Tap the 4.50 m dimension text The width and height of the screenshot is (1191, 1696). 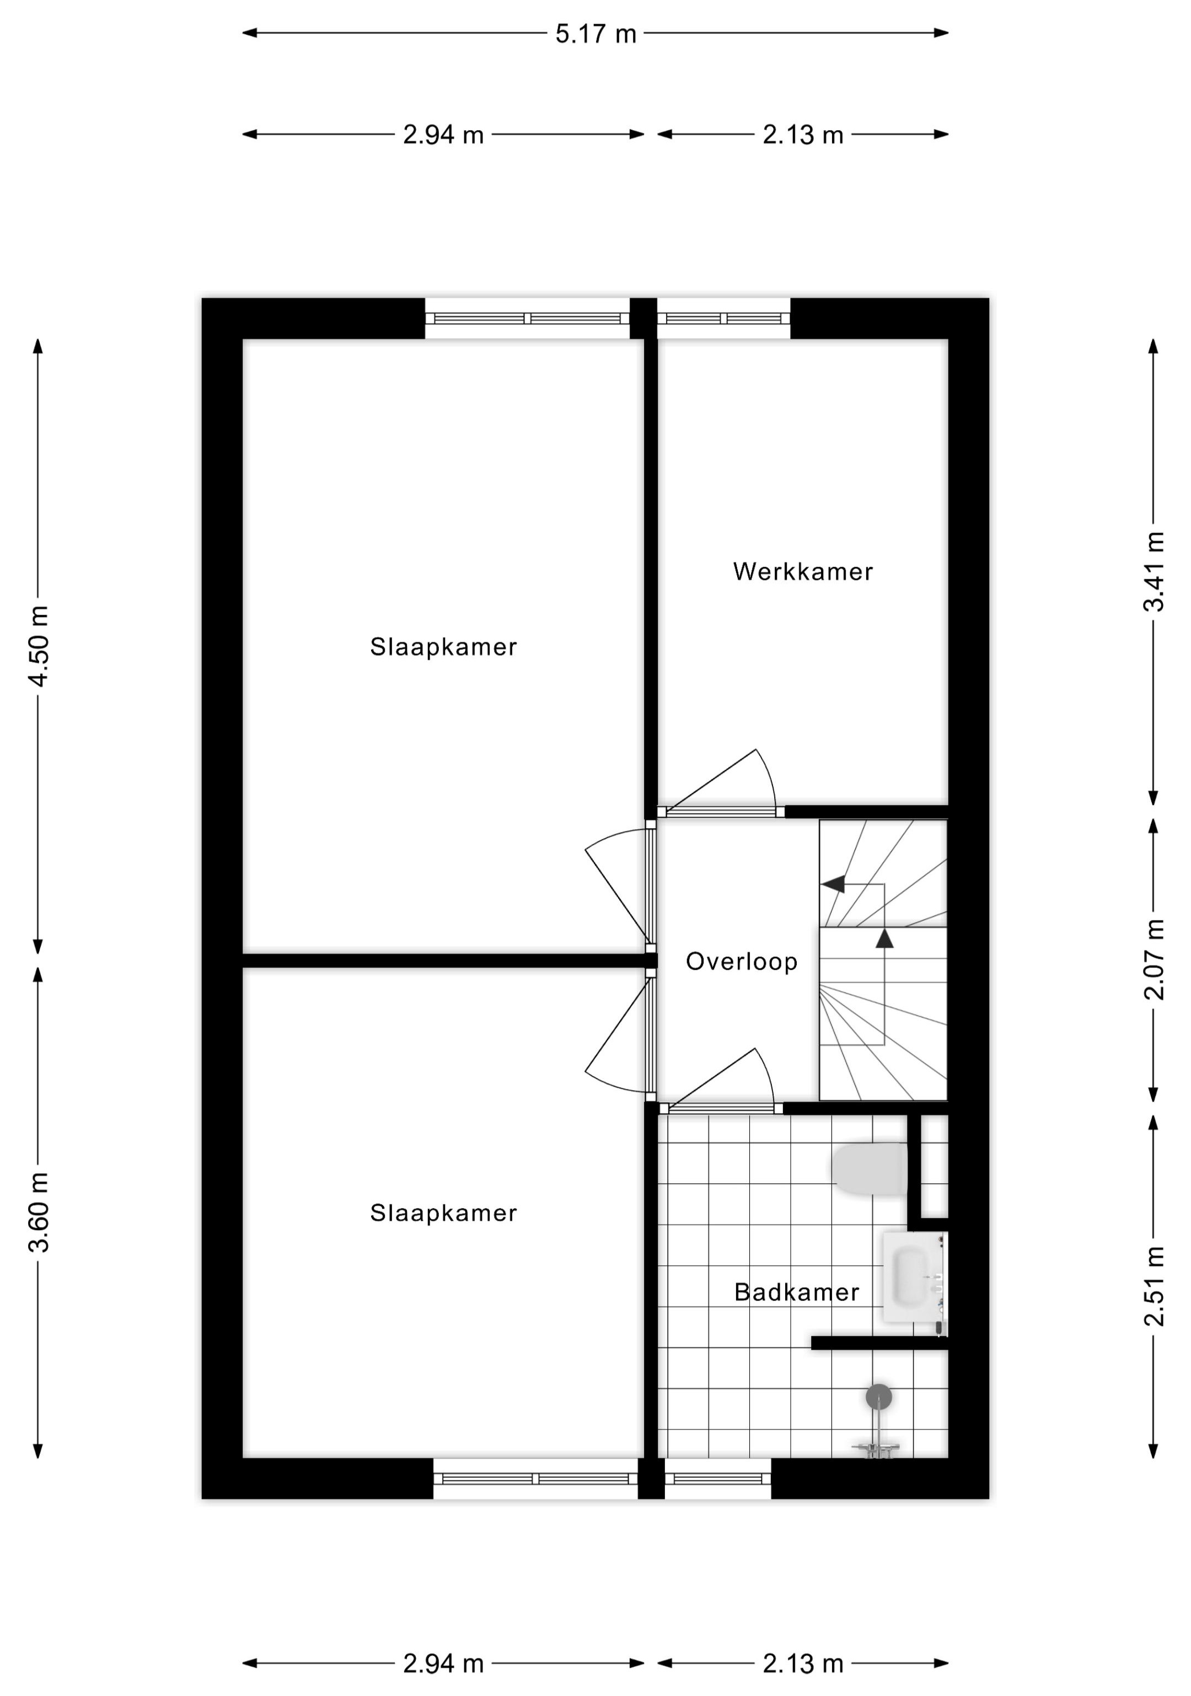39,646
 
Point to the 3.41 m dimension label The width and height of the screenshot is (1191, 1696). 1154,571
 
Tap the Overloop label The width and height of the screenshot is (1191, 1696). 742,961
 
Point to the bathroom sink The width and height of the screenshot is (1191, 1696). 915,1277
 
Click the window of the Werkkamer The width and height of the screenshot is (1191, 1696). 723,318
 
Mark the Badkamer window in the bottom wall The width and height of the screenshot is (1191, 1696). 717,1478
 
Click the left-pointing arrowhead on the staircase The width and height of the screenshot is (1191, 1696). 833,883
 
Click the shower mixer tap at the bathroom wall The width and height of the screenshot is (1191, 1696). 876,1448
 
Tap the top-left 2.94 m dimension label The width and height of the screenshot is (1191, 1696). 443,135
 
